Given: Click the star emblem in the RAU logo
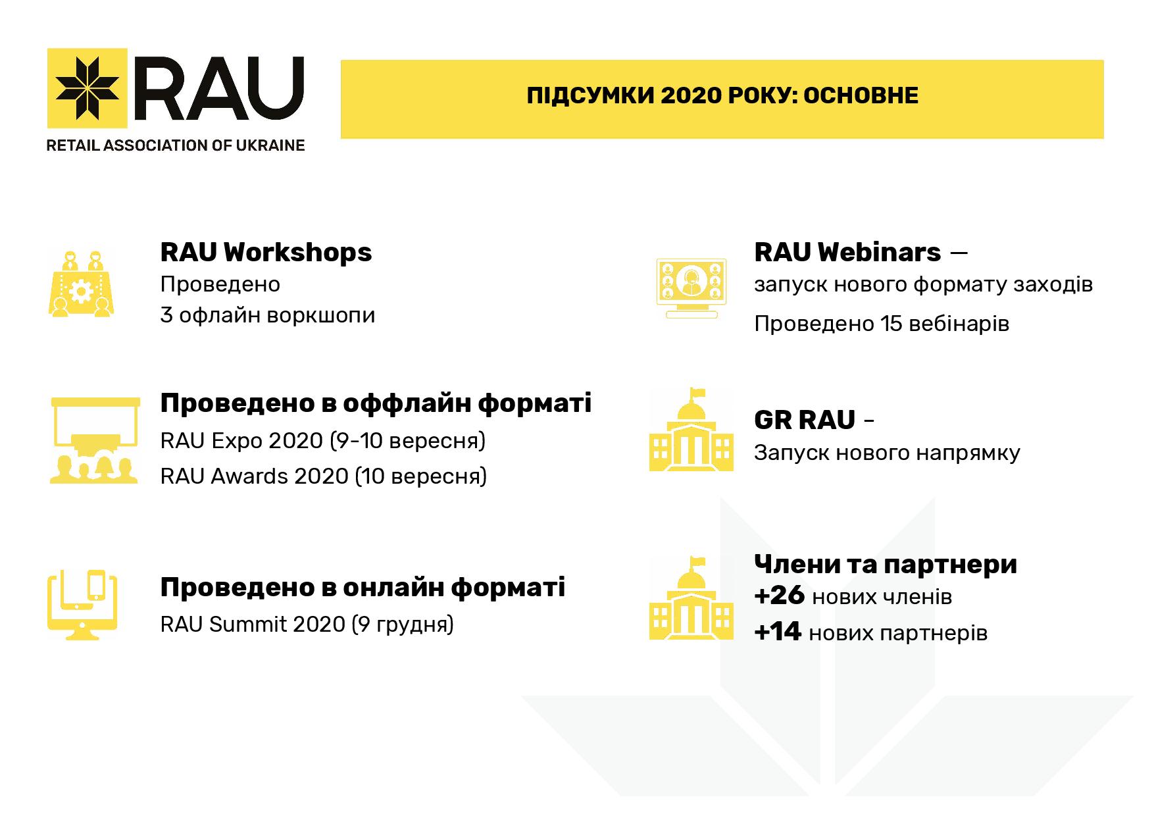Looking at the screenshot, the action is [88, 88].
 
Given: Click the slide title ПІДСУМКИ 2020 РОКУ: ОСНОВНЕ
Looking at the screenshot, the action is [722, 96].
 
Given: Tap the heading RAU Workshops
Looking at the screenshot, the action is [266, 252].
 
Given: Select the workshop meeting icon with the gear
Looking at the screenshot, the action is [81, 284].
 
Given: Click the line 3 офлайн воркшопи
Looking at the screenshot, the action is [268, 315].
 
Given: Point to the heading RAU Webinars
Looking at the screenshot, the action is [847, 252].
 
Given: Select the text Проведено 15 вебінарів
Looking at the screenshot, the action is [882, 324].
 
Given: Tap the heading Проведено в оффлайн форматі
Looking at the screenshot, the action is [376, 403].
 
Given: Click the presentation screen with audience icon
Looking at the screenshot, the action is [94, 440].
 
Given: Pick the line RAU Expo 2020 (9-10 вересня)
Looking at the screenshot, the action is [322, 440].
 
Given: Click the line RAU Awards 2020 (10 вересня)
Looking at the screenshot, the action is [323, 476].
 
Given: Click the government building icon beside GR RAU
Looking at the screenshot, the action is [691, 430].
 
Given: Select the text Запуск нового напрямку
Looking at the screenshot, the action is [887, 453].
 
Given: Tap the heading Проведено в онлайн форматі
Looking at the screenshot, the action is [363, 588].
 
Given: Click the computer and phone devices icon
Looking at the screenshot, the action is [82, 605].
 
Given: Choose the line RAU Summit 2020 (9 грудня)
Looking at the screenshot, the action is [307, 624].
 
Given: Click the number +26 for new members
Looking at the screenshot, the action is [779, 596].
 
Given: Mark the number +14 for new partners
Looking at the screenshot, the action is [778, 632].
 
